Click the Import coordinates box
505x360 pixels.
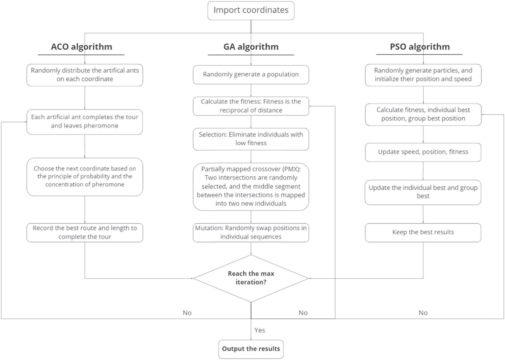251,10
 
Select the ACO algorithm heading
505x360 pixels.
81,47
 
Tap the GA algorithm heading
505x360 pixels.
251,47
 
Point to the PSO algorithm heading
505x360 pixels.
420,47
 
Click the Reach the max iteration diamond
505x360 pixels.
251,278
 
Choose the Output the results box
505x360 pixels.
251,349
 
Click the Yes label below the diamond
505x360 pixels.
260,330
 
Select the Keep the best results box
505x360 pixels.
423,232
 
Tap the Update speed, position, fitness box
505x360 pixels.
423,152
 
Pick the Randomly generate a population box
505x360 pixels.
251,74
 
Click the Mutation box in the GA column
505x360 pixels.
251,232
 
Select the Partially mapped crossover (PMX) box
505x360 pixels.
251,186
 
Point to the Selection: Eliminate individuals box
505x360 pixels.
251,139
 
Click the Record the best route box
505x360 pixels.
85,232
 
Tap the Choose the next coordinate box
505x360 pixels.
85,176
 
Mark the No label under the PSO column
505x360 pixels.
423,313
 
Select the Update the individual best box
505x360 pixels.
423,192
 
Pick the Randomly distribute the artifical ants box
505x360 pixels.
85,75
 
